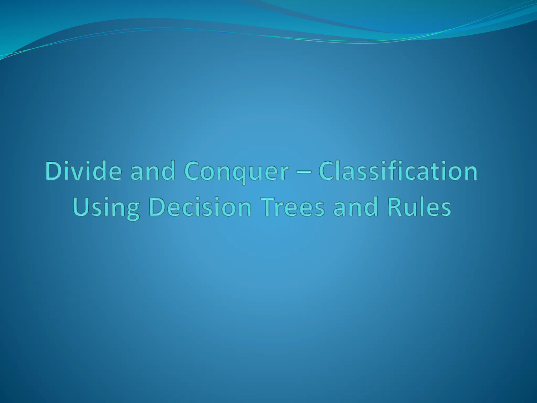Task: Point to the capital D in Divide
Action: tap(54, 172)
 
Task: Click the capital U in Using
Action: tap(81, 207)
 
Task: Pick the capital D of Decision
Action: tap(157, 207)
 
